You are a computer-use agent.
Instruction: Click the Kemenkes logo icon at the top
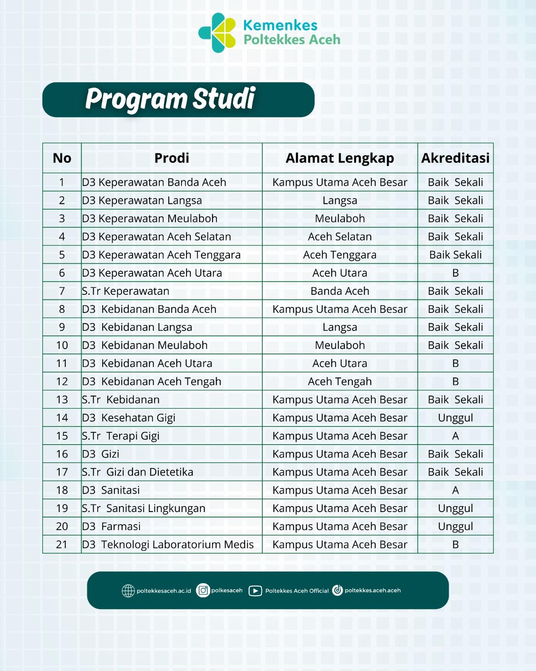(x=217, y=33)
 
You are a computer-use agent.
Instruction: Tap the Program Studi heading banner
(x=178, y=99)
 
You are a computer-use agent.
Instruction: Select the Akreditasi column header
(x=455, y=158)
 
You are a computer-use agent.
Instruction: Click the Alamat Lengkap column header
(x=339, y=158)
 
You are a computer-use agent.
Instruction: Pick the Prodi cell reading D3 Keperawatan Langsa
(x=142, y=200)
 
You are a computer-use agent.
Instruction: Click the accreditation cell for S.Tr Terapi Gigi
(x=455, y=436)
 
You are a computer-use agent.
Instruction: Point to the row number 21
(x=62, y=544)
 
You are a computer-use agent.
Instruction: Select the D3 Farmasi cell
(x=111, y=526)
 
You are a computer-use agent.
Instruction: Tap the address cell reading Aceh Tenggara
(x=339, y=255)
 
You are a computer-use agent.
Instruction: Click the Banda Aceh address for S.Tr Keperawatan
(x=339, y=291)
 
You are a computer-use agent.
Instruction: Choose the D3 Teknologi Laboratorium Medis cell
(x=168, y=544)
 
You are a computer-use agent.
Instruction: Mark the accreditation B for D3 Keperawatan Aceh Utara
(x=455, y=273)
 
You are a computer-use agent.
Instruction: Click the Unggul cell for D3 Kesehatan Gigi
(x=455, y=418)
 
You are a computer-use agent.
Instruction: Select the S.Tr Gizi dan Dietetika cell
(x=137, y=472)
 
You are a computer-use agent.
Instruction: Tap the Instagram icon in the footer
(x=203, y=590)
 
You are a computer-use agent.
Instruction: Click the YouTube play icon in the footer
(x=255, y=591)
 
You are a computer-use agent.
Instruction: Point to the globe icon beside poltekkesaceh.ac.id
(x=128, y=591)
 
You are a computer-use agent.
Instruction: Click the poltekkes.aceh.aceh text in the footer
(x=373, y=590)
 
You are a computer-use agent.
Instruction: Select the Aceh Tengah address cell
(x=339, y=382)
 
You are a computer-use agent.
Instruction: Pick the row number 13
(x=62, y=400)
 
